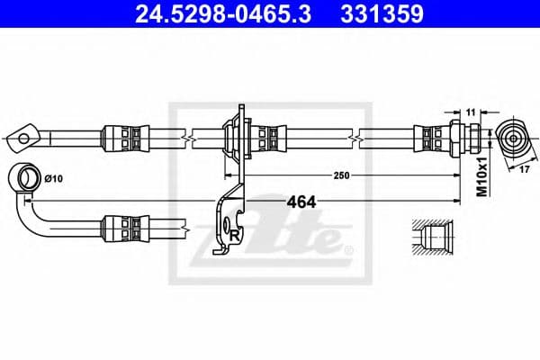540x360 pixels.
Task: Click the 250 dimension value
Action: click(x=341, y=175)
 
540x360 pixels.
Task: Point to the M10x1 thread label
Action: click(x=482, y=176)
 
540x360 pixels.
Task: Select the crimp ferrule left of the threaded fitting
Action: click(x=428, y=138)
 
